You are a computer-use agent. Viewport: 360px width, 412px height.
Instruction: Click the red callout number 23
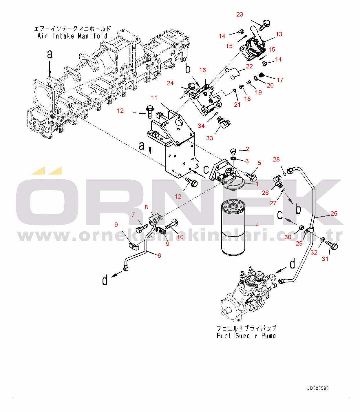click(240, 14)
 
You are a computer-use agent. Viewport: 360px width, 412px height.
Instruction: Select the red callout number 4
click(257, 225)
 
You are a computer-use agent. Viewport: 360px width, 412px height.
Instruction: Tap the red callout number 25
click(334, 214)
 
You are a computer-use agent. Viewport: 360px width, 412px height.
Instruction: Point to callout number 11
click(154, 98)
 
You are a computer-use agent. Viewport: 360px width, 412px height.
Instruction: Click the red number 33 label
click(210, 138)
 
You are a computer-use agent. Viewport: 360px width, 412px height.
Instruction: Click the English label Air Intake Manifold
click(72, 36)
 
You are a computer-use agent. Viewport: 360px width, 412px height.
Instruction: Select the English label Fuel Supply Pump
click(246, 336)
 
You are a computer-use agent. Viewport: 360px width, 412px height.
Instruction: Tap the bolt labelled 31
click(331, 245)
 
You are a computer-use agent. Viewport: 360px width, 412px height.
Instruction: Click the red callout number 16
click(202, 70)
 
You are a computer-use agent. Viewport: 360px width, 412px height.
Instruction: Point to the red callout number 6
click(159, 255)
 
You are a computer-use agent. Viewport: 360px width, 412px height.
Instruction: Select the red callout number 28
click(276, 159)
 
